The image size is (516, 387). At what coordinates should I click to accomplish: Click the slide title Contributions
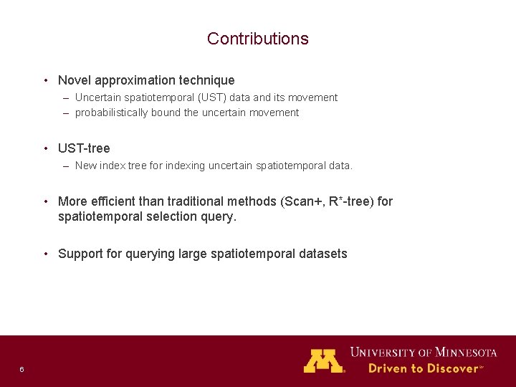[257, 39]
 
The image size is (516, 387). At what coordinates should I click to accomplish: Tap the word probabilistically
[112, 113]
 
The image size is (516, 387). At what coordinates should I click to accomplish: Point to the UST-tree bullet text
[84, 148]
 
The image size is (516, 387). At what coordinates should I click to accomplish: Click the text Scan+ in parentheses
[302, 201]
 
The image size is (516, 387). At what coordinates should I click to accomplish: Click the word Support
[80, 254]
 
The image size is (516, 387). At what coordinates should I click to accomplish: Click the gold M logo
[324, 360]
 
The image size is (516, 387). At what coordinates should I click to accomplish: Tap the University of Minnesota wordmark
[423, 352]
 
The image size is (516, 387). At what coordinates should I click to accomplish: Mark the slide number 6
[21, 369]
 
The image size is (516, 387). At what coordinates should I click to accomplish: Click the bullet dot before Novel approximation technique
[45, 80]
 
